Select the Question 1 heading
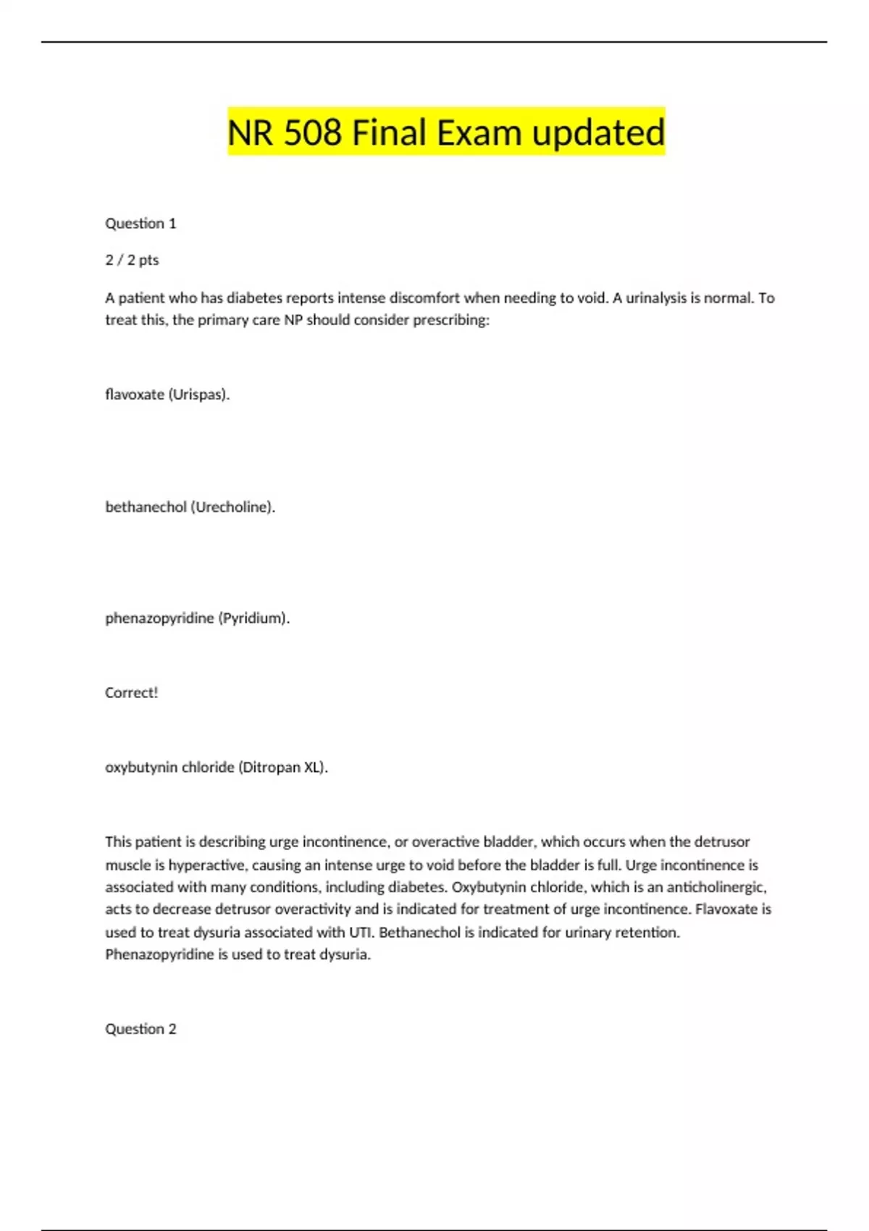(x=140, y=223)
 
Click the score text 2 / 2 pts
(x=132, y=260)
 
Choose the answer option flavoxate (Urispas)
(x=167, y=395)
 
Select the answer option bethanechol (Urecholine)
(x=190, y=507)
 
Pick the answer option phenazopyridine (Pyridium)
(x=197, y=618)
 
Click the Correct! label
(x=131, y=692)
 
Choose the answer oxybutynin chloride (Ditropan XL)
(x=217, y=767)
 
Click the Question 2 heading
(x=140, y=1029)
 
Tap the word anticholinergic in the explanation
(x=716, y=887)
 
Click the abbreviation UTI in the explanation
(x=360, y=932)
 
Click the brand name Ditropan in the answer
(x=269, y=767)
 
